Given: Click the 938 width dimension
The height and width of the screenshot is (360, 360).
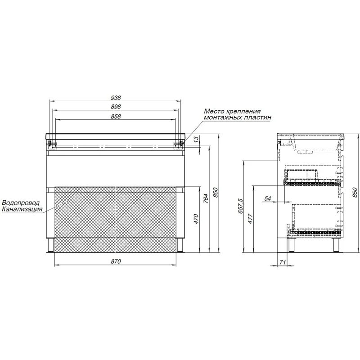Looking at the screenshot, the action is point(116,98).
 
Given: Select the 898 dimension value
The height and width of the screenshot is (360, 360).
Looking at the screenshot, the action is point(116,107).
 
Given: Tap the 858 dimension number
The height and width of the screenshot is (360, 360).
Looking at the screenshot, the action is point(116,117).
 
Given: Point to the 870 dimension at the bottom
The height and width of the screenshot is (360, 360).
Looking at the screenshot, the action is point(116,261).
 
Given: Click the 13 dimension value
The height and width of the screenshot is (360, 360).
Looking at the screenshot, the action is point(196,139).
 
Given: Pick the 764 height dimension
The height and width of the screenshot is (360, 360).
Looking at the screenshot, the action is point(206,198).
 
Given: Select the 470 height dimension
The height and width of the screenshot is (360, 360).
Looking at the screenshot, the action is point(196,219).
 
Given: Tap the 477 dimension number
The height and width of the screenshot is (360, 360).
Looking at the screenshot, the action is point(250,219).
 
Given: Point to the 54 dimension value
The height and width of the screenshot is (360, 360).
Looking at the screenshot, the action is point(268,198).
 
